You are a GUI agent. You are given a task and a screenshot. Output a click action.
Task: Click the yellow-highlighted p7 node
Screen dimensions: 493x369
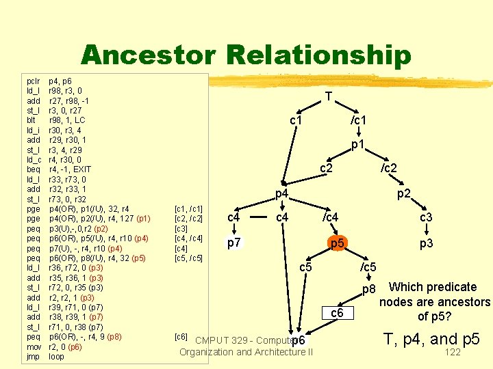[x=233, y=243]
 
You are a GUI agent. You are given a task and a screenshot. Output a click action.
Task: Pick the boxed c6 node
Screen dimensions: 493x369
[x=336, y=313]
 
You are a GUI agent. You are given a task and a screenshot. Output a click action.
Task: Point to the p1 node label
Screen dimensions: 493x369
[x=357, y=145]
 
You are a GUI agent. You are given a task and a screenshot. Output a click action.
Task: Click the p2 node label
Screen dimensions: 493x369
[x=404, y=194]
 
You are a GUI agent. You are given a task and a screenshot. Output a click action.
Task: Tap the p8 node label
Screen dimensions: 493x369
[x=369, y=290]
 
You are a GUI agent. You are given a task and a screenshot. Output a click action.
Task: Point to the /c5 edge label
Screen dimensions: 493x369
[x=368, y=267]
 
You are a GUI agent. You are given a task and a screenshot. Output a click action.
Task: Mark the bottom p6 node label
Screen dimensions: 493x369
[x=298, y=340]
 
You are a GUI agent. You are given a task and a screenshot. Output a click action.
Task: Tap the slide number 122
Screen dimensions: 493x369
[x=453, y=353]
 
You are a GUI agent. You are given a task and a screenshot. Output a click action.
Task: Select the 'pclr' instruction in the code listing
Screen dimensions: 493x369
[x=31, y=81]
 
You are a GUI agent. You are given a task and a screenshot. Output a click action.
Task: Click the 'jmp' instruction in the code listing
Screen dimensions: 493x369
[x=31, y=357]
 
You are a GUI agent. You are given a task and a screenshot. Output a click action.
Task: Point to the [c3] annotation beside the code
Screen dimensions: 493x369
[x=181, y=228]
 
